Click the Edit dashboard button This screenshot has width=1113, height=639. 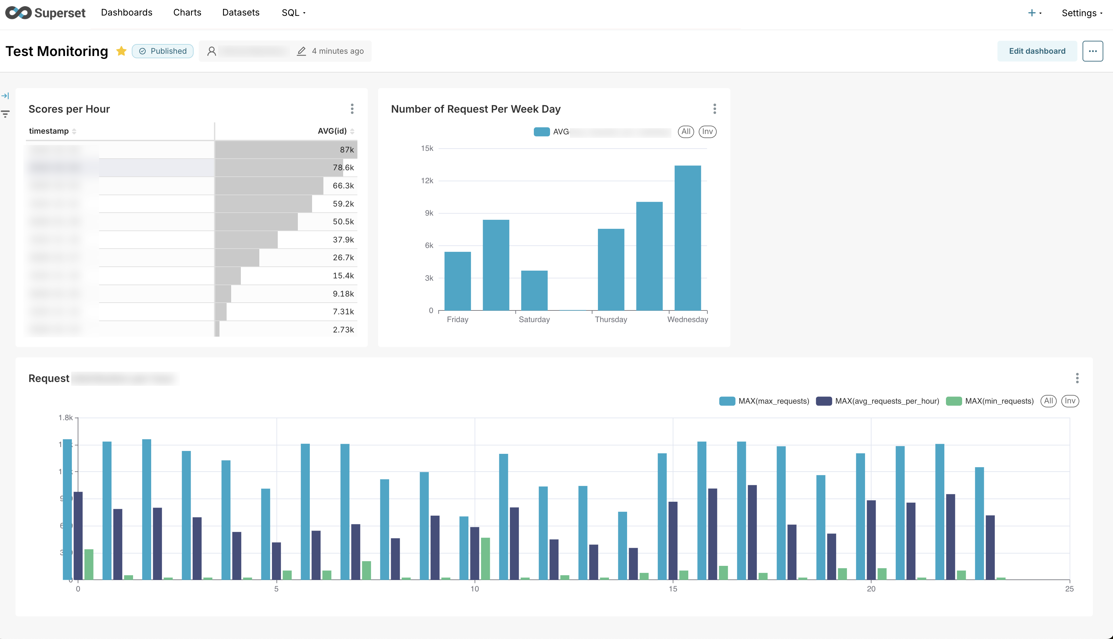tap(1037, 51)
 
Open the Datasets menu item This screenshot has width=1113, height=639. tap(241, 13)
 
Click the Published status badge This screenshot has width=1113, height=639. tap(163, 51)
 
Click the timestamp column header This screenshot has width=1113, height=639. tap(49, 131)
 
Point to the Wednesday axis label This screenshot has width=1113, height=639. tap(687, 319)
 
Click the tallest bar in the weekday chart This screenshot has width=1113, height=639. tap(687, 237)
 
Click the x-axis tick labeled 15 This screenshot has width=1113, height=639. tap(673, 589)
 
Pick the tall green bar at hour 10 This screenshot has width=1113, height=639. tap(485, 558)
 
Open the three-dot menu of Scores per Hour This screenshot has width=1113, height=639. tap(352, 109)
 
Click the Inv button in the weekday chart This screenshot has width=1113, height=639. tap(707, 132)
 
